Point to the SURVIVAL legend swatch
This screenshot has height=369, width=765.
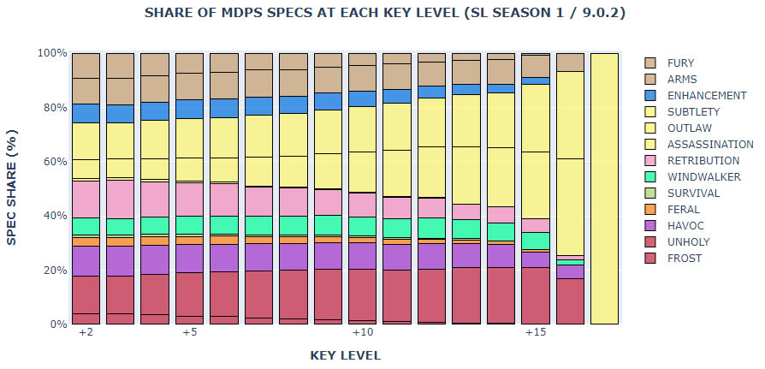click(649, 193)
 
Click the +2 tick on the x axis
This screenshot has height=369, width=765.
click(86, 332)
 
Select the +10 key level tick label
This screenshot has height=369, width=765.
click(363, 332)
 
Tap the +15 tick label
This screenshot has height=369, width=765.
click(536, 332)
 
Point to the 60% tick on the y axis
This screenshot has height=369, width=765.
click(52, 162)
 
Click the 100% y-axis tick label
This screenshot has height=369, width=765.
click(50, 53)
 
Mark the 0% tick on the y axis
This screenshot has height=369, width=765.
click(56, 324)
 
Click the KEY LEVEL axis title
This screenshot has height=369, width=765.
click(345, 354)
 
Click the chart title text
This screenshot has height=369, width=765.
click(382, 13)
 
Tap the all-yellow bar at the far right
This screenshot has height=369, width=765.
click(605, 188)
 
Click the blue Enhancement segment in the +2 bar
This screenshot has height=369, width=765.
click(86, 113)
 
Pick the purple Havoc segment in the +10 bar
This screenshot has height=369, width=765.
click(363, 255)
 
